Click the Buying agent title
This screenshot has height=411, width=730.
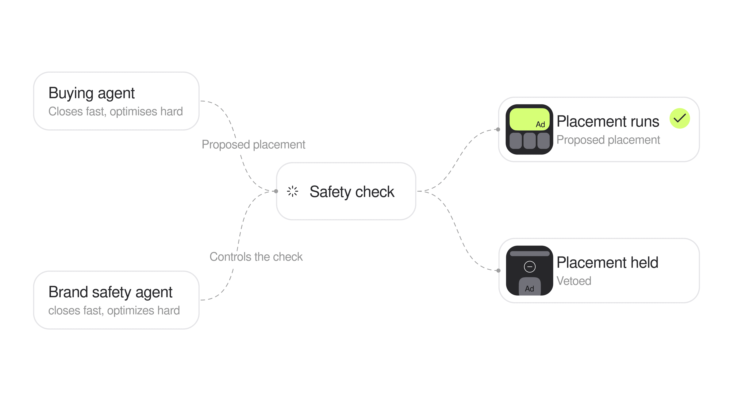pos(91,93)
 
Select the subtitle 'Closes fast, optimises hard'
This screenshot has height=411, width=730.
pos(116,112)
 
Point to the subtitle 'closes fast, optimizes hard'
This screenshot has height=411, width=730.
pos(114,311)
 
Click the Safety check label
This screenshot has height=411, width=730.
pos(352,192)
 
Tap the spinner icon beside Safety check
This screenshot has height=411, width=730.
pos(292,191)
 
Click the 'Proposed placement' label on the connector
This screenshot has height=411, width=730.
pos(253,145)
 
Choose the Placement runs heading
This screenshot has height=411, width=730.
pos(608,121)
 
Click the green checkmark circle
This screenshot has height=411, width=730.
pos(680,118)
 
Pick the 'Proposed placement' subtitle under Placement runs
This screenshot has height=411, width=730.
pos(608,140)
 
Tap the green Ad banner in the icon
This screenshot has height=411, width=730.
pos(529,119)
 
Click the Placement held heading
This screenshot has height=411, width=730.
pos(607,262)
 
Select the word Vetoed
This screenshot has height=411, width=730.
pos(574,281)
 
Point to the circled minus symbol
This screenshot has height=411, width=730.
pos(529,267)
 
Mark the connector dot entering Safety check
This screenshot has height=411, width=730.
pos(276,191)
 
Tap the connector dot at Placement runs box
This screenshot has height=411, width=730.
pos(498,129)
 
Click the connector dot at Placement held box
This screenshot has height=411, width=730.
pos(498,271)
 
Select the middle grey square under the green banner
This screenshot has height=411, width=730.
pos(529,141)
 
